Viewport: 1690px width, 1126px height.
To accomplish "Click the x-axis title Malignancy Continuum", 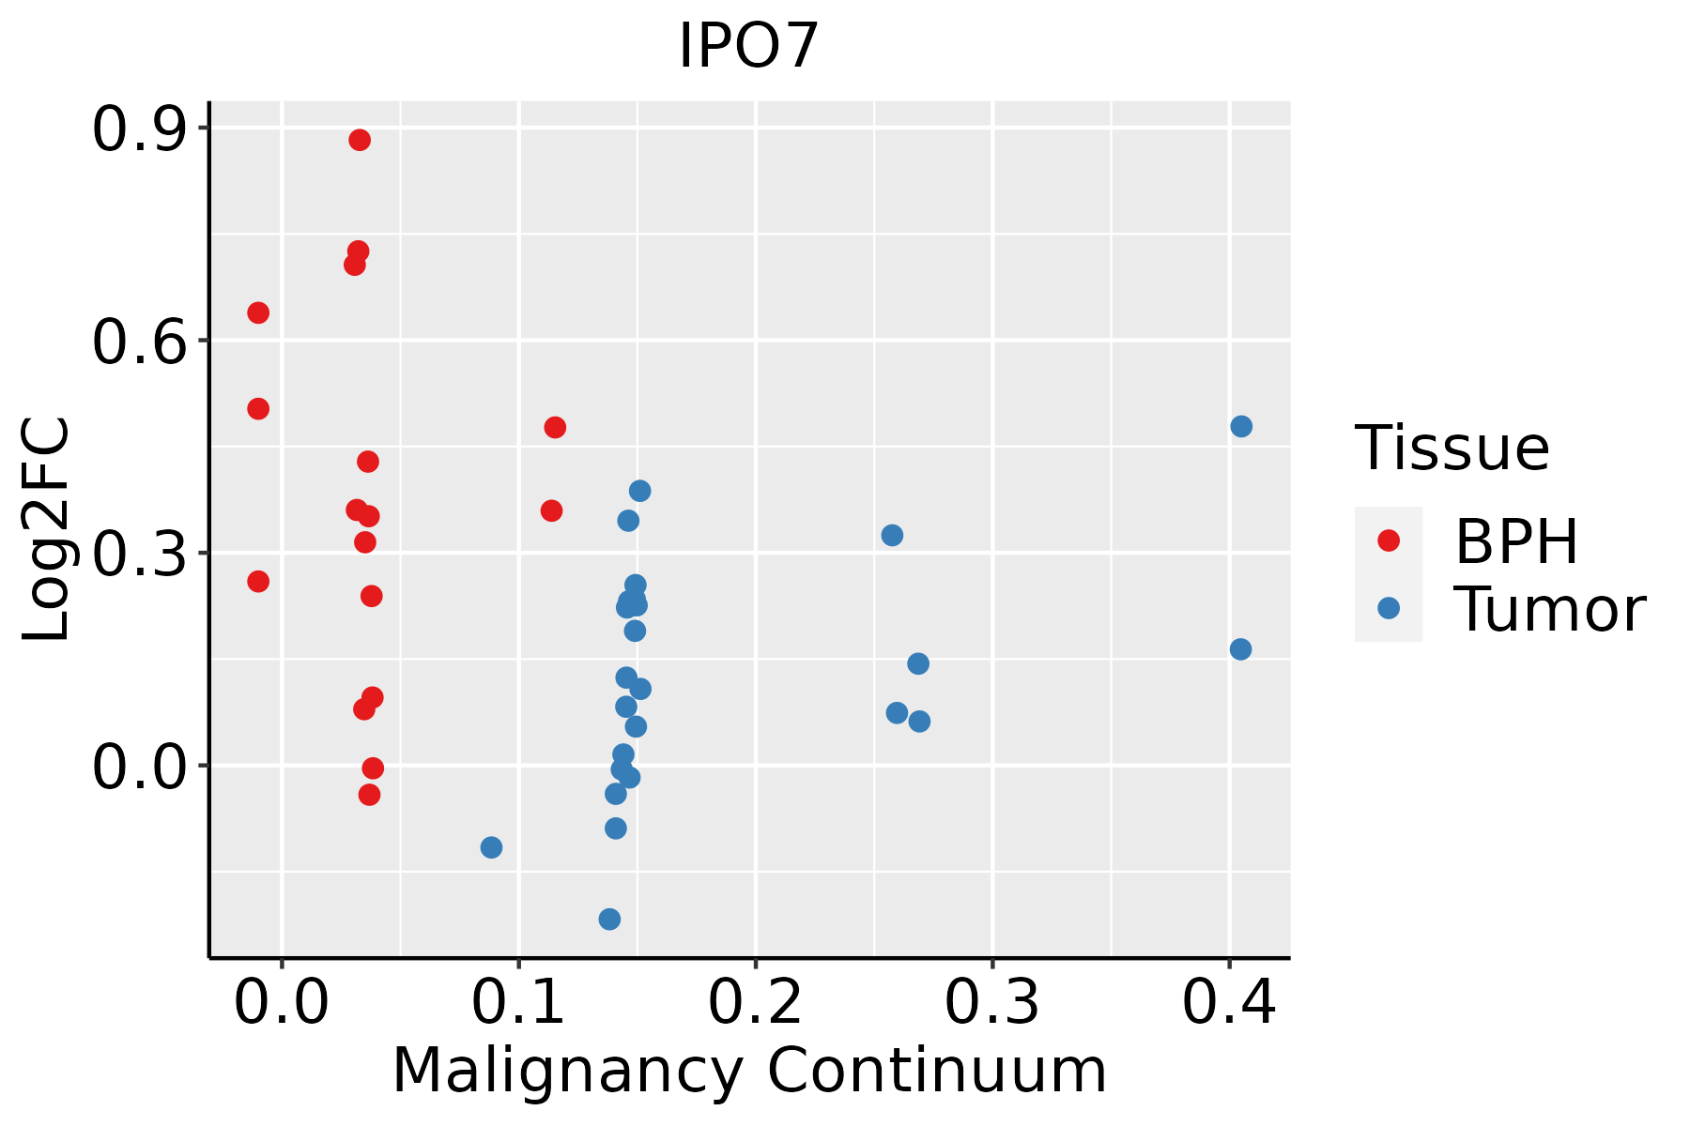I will point(748,1071).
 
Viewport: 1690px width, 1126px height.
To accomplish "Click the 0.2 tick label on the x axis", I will point(755,1003).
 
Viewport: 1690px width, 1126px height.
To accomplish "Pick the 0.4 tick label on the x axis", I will point(1228,1003).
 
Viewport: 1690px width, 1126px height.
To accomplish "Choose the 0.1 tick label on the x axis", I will point(518,1003).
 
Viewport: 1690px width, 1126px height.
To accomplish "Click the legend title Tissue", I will point(1452,449).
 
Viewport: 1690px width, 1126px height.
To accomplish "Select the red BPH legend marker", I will point(1388,540).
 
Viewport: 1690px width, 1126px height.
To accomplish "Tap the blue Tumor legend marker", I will point(1388,608).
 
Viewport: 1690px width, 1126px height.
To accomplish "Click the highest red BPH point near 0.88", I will point(360,140).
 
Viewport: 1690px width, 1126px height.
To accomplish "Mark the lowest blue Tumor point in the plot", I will point(609,919).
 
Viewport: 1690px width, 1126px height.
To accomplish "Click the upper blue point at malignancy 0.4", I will point(1241,426).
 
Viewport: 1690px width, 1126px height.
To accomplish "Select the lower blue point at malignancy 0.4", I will point(1240,649).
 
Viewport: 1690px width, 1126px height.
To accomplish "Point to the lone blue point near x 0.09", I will point(491,847).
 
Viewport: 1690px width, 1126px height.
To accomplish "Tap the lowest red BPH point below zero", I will point(369,795).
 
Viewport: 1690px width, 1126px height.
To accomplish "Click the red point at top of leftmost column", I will point(258,312).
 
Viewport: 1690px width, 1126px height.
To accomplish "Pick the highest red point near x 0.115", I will point(555,428).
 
